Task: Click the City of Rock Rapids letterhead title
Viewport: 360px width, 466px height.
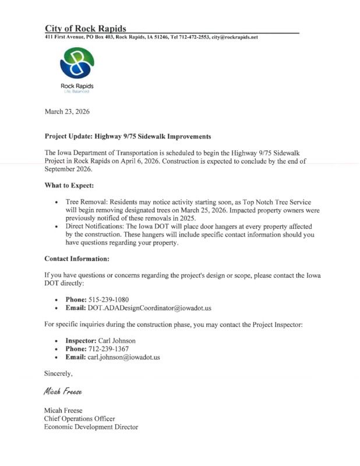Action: coord(86,29)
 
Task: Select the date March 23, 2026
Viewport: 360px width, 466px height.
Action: coord(67,110)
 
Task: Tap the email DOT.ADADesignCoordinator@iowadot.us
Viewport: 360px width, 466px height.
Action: coord(153,307)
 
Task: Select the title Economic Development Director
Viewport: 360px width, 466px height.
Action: coord(91,428)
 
